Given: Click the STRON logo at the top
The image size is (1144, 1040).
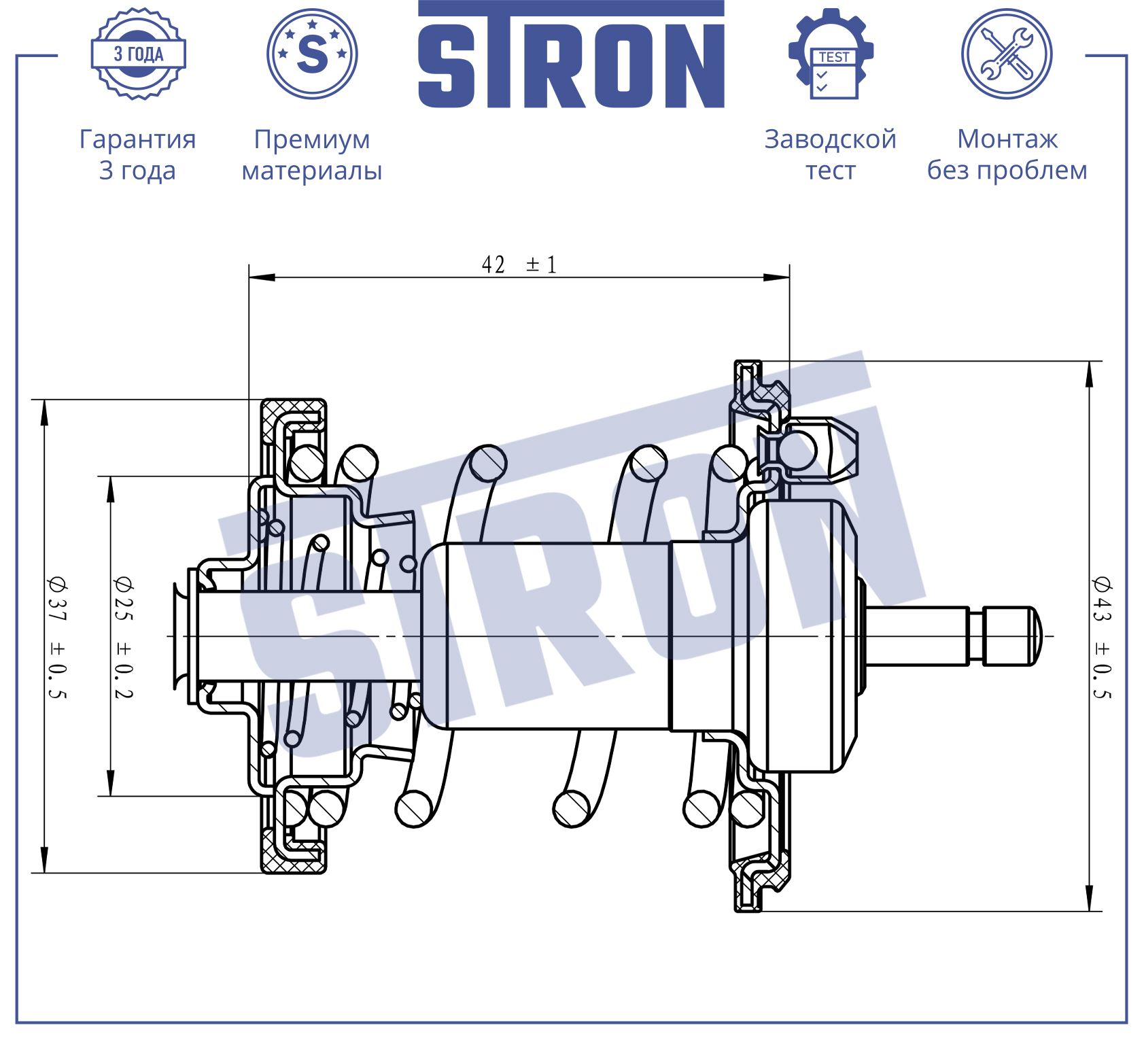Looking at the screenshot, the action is click(x=571, y=54).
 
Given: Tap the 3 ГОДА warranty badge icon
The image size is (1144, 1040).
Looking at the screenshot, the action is click(x=139, y=54).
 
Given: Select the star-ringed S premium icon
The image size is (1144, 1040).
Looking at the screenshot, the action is click(x=312, y=54).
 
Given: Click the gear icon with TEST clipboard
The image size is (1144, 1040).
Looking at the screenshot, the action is click(x=831, y=54).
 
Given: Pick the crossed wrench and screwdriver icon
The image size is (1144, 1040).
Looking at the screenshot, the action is click(x=1007, y=54).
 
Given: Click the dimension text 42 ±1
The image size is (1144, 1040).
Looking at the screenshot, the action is click(x=519, y=264).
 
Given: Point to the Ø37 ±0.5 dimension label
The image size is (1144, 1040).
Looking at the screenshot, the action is click(x=57, y=638).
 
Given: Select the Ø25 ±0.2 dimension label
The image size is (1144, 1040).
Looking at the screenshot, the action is click(x=124, y=638).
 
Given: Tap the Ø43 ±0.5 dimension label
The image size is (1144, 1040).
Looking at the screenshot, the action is click(x=1102, y=638).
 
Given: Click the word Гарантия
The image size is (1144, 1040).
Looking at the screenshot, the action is click(x=138, y=139).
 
